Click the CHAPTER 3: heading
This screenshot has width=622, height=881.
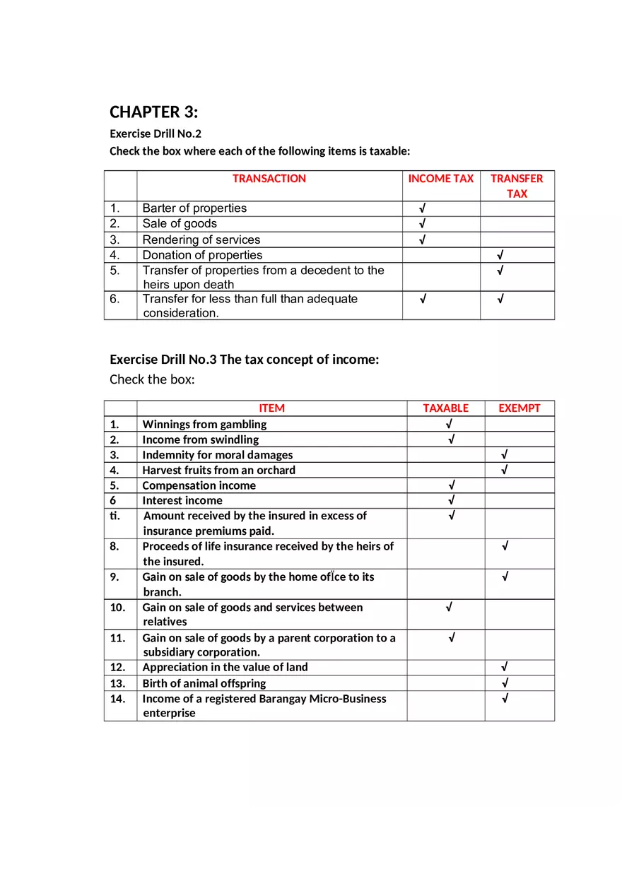tap(153, 112)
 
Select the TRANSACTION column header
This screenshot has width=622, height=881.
tap(269, 179)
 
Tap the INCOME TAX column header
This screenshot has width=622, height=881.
tap(440, 179)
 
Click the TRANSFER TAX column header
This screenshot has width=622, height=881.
tap(517, 186)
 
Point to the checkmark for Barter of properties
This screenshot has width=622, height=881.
tap(422, 208)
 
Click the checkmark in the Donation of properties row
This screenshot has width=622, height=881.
tap(500, 255)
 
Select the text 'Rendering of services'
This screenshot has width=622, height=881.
tap(201, 240)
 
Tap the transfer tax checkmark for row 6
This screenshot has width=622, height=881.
tap(500, 299)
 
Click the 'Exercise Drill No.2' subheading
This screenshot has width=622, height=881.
tap(155, 134)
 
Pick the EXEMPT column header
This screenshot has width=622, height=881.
tap(519, 408)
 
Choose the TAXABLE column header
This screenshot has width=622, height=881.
tap(445, 408)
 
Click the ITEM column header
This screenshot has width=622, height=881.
tap(271, 408)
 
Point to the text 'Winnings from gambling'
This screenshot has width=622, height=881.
tap(204, 425)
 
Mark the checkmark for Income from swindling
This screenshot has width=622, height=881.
tap(451, 439)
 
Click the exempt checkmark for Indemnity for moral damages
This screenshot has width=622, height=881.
tap(505, 455)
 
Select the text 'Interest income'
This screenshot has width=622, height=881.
tap(182, 501)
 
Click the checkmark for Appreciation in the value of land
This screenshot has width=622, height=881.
tap(505, 667)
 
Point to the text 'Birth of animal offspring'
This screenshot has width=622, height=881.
tap(204, 683)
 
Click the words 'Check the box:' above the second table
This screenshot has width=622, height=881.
tap(152, 379)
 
